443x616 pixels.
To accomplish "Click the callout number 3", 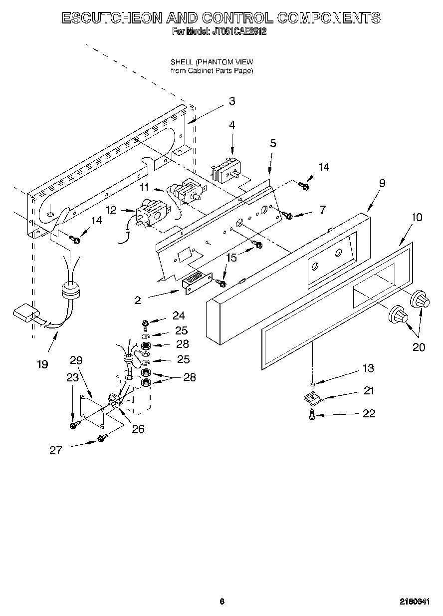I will tap(232, 101).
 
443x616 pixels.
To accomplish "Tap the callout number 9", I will tap(382, 183).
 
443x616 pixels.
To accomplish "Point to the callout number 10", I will tap(417, 217).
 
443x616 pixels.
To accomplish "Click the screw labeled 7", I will tap(288, 215).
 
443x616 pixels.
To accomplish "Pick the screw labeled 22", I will tap(312, 414).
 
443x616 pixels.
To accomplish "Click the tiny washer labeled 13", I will tap(312, 383).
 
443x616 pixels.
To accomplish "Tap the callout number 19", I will tap(42, 364).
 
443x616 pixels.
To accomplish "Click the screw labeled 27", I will tap(101, 438).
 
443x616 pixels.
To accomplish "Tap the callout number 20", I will tap(419, 347).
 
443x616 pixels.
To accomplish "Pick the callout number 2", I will tap(138, 300).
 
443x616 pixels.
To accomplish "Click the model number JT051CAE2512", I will tap(233, 31).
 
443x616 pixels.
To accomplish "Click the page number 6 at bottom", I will tap(221, 602).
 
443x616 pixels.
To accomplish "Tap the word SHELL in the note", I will tap(182, 62).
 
